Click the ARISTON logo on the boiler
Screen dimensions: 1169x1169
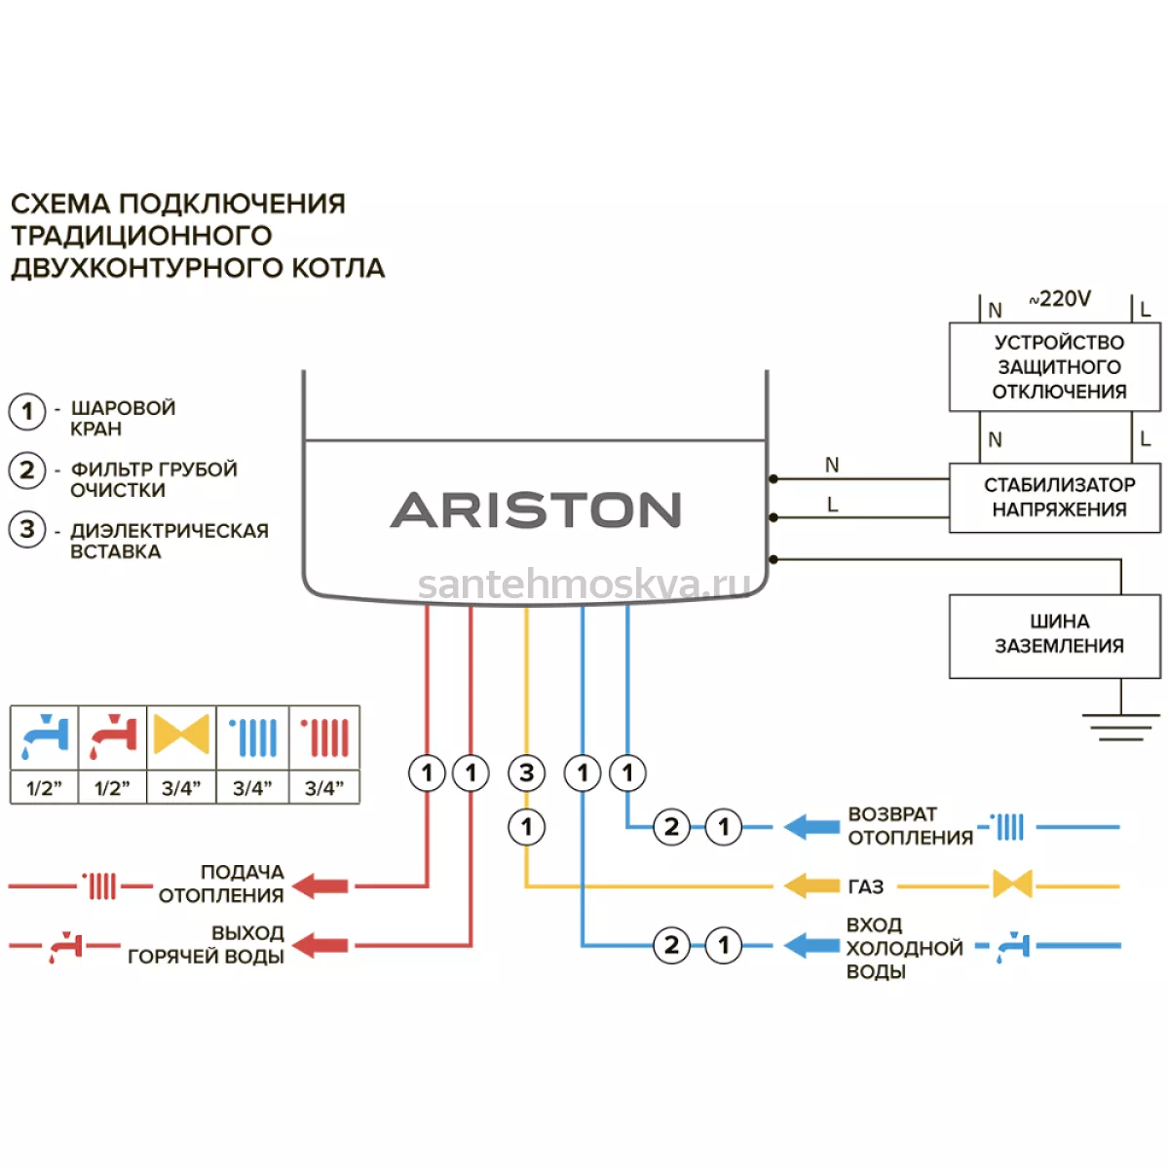coord(535,509)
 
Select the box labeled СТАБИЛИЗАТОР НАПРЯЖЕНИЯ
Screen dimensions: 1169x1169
coord(1054,498)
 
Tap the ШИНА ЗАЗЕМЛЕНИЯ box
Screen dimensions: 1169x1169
coord(1054,636)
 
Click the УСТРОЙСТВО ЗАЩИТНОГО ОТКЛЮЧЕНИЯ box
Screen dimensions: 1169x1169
coord(1054,367)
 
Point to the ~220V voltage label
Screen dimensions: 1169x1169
coord(1060,298)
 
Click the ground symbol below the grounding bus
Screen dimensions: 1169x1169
coord(1120,728)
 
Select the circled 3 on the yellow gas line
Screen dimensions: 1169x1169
coord(526,773)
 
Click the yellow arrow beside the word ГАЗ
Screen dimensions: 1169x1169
coord(811,886)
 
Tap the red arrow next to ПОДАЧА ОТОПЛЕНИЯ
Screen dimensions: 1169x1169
coord(321,886)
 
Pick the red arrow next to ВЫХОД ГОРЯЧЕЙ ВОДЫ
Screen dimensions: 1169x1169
coord(321,945)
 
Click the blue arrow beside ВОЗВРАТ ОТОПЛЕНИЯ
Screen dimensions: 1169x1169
coord(811,826)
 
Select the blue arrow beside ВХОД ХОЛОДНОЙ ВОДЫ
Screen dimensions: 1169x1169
coord(811,945)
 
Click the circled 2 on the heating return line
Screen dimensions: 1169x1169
coord(671,826)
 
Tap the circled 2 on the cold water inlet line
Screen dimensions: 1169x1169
coord(671,945)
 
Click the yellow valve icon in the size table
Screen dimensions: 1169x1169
coord(181,735)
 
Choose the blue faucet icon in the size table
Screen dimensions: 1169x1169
coord(45,736)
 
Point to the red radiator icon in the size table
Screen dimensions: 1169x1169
coord(324,737)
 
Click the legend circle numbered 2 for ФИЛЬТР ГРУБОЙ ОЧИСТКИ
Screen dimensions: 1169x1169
coord(26,471)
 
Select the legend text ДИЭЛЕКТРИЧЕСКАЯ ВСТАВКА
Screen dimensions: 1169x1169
coord(170,541)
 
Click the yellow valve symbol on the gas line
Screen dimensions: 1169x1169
coord(1012,886)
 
